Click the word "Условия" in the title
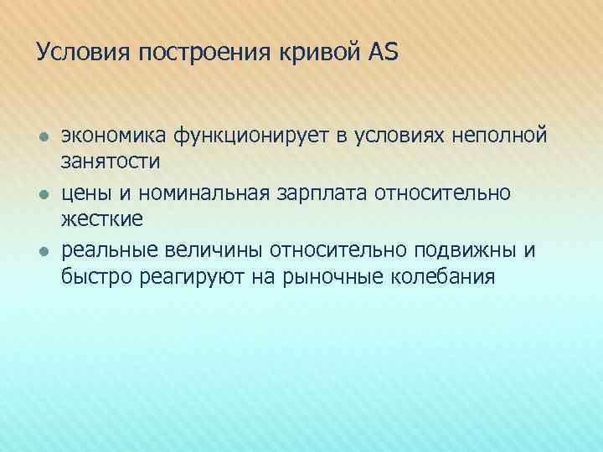(80, 53)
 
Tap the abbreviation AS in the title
(383, 53)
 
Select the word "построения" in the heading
(197, 53)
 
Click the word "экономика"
(113, 135)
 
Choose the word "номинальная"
(198, 193)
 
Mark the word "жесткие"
(101, 218)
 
